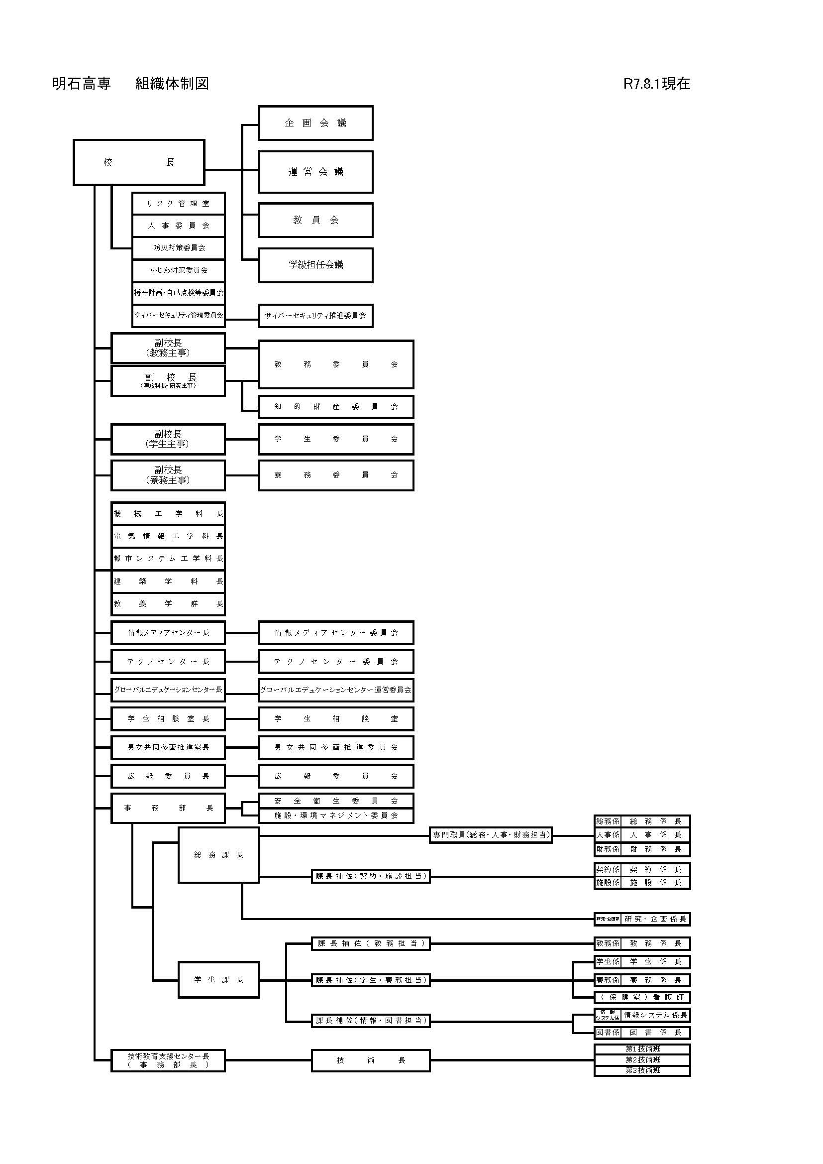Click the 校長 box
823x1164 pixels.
(139, 162)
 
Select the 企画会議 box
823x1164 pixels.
(315, 123)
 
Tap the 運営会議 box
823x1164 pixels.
(315, 172)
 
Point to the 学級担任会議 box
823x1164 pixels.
(315, 265)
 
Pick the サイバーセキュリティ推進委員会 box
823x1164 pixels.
(315, 315)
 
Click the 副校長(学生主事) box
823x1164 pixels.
(168, 439)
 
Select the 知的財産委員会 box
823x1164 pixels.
(335, 407)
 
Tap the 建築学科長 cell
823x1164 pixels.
(168, 582)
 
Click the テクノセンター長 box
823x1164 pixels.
(168, 662)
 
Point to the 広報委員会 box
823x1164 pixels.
(335, 776)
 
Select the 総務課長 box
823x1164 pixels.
(218, 855)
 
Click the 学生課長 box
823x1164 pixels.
(218, 980)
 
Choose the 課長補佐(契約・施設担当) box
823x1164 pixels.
(371, 876)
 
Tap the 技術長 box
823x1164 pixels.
(371, 1060)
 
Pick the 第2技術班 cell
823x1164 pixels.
(642, 1059)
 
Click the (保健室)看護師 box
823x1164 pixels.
(642, 997)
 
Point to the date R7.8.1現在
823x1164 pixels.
(656, 84)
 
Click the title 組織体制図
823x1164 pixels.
(172, 84)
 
